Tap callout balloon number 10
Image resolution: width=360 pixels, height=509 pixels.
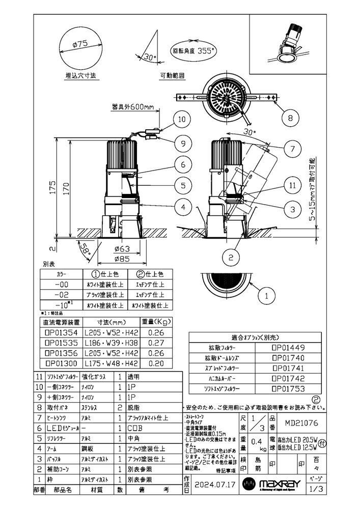pos(182,120)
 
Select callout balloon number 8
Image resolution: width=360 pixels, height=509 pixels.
pos(290,119)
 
